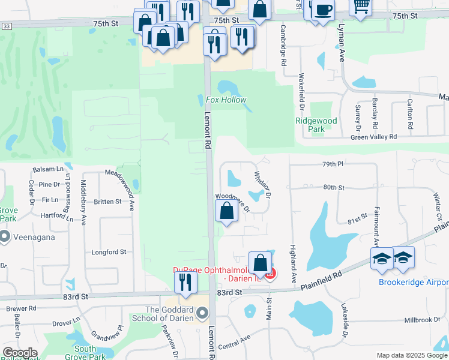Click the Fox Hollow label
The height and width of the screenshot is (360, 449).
226,100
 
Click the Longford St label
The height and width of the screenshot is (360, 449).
109,253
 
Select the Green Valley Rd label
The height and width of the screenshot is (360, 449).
373,137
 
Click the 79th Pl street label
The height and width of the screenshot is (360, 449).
331,164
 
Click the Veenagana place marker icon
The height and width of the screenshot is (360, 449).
5,237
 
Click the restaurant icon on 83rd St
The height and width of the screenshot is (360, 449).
185,281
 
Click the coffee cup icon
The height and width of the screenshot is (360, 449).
323,10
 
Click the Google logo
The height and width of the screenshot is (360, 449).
20,353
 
